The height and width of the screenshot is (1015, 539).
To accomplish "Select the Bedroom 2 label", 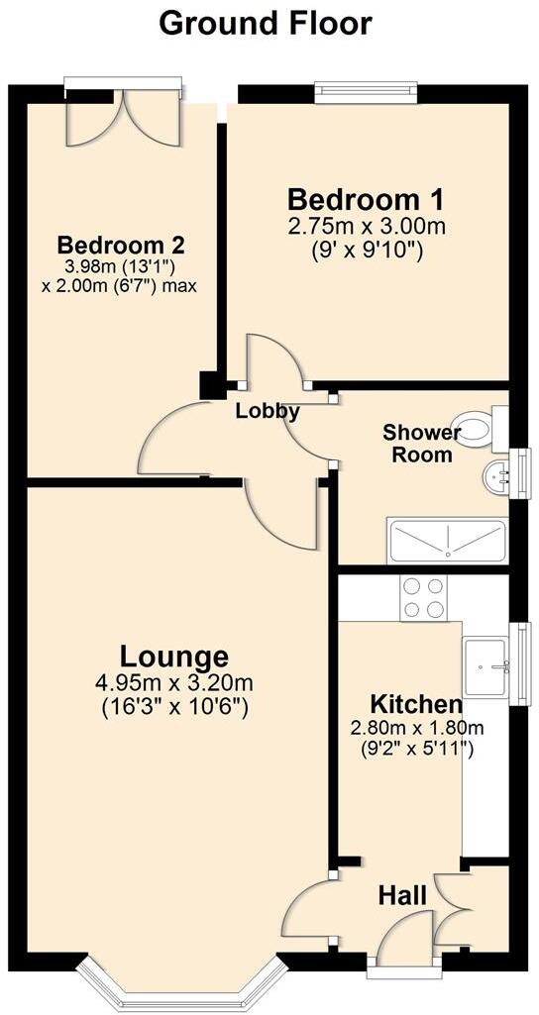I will click(x=121, y=245).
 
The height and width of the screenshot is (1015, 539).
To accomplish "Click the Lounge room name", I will click(x=174, y=656).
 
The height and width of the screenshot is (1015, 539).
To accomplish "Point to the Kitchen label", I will click(x=416, y=705).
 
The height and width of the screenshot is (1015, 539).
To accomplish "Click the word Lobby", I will click(x=267, y=412).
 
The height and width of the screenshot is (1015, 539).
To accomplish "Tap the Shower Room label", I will click(x=422, y=444).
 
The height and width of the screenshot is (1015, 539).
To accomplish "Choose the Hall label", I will click(x=402, y=895).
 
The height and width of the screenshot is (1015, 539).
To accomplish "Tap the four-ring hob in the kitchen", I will click(x=424, y=597).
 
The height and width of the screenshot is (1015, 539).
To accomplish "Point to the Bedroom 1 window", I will click(x=366, y=91).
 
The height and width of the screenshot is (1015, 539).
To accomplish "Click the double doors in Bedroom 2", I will click(x=123, y=118).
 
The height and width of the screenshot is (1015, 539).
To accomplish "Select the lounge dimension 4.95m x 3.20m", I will click(x=174, y=683).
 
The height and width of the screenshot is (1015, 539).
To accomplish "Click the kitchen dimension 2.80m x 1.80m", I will click(x=416, y=730).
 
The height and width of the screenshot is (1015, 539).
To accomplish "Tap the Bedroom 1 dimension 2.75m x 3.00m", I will click(x=367, y=227).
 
